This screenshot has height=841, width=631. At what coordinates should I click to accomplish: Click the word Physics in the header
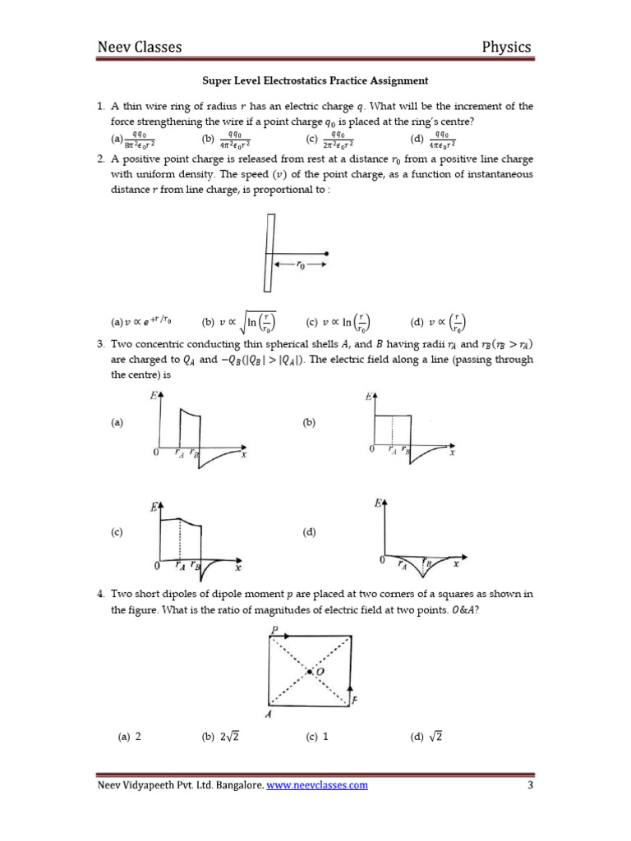tap(506, 47)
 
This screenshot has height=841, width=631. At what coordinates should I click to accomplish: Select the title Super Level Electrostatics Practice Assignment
tap(315, 80)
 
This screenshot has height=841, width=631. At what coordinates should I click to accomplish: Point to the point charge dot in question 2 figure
tap(328, 253)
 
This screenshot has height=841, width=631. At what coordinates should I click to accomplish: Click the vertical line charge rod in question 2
tap(268, 252)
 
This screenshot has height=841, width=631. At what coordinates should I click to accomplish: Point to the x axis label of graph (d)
tap(456, 564)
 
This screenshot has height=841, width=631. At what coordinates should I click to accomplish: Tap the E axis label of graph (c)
tap(153, 508)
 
